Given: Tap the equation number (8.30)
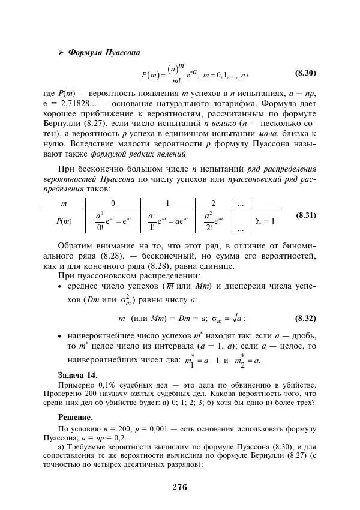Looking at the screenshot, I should tap(305, 74).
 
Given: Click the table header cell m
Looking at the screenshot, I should tap(64, 204).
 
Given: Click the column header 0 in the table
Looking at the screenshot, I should tap(113, 204).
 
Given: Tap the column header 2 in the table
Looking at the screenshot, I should tap(213, 204).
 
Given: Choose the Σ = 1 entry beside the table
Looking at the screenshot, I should tap(264, 221).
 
